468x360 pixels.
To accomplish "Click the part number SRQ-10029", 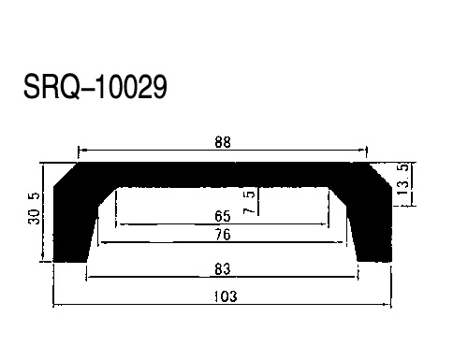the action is pyautogui.click(x=95, y=87).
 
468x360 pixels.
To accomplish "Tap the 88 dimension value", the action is pyautogui.click(x=223, y=142).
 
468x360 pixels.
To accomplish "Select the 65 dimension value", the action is pyautogui.click(x=223, y=216).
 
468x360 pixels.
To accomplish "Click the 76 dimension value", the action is pyautogui.click(x=223, y=235).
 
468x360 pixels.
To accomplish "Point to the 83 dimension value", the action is pyautogui.click(x=223, y=269).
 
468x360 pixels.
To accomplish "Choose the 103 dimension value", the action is pyautogui.click(x=226, y=296).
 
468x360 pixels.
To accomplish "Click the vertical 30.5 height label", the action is pyautogui.click(x=34, y=209).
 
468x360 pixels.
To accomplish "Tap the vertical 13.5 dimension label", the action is pyautogui.click(x=402, y=180).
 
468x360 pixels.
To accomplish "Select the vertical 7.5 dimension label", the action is pyautogui.click(x=249, y=203).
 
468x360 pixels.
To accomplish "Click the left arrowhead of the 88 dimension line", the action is pyautogui.click(x=80, y=150).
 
